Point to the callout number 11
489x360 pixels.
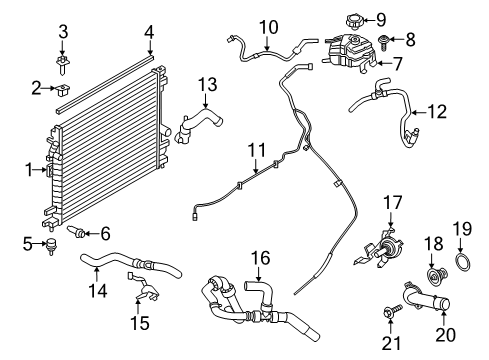pyautogui.click(x=257, y=151)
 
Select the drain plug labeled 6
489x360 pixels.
pyautogui.click(x=75, y=233)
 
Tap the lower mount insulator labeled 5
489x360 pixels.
pyautogui.click(x=47, y=244)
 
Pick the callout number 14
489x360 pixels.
pyautogui.click(x=96, y=290)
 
